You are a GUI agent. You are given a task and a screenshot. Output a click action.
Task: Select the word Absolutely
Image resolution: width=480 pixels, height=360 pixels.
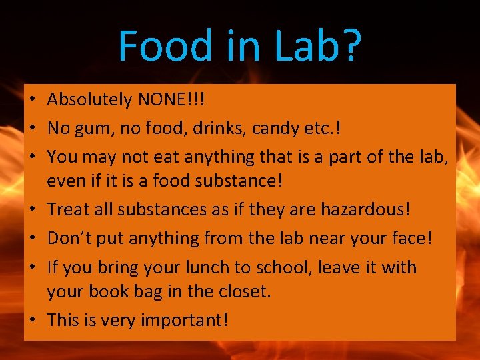(89, 100)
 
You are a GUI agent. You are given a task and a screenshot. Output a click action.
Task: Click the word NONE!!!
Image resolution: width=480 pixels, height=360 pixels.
(171, 100)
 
